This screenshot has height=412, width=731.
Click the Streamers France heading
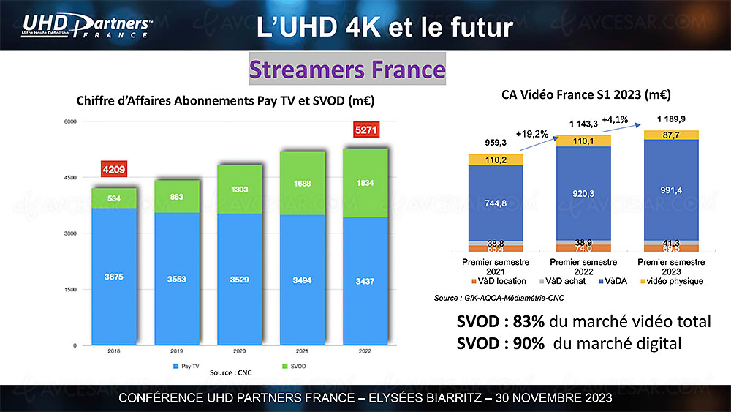[x=347, y=70]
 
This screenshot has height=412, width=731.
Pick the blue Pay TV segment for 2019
[x=175, y=278]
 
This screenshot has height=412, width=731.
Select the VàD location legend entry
[x=502, y=280]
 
